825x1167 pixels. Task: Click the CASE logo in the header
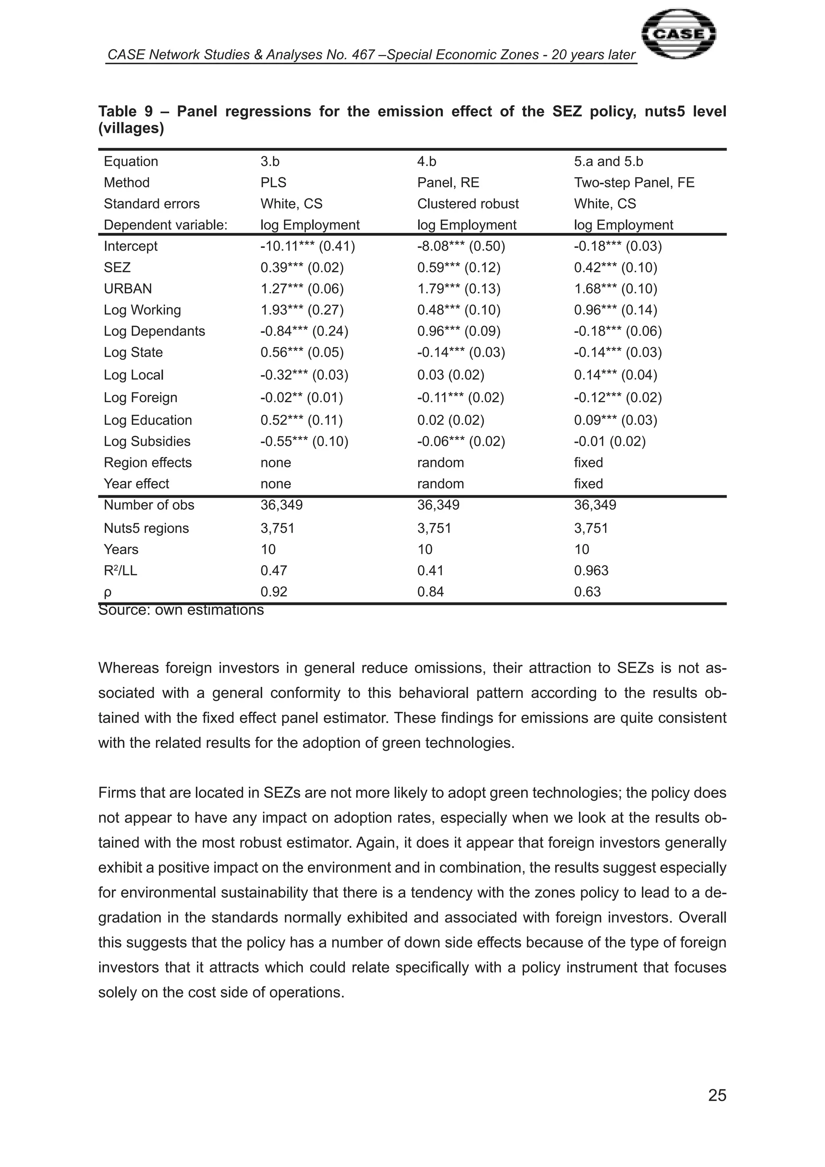coord(679,35)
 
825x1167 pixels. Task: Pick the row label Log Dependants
coord(154,331)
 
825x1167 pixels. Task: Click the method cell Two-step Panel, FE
coord(634,183)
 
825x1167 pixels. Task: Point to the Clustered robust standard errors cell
coord(468,204)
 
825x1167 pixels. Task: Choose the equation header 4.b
coord(427,161)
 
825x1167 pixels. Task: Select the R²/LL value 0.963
coord(591,570)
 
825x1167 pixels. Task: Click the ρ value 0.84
coord(430,592)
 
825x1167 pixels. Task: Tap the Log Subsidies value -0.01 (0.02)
coord(609,441)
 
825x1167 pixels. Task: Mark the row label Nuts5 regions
coord(146,528)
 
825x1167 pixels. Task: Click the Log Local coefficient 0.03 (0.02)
coord(451,375)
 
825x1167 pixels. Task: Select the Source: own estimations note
coord(181,610)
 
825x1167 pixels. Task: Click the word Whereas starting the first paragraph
coord(128,668)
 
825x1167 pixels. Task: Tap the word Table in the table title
coord(117,111)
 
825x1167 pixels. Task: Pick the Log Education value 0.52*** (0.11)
coord(302,420)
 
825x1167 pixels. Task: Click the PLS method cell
coord(273,183)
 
